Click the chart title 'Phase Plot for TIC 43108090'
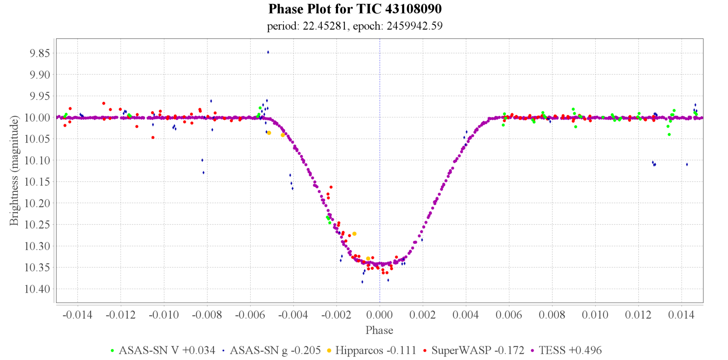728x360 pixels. (x=355, y=9)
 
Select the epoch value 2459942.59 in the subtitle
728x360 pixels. (x=414, y=26)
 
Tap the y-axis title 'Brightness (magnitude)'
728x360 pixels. (x=14, y=171)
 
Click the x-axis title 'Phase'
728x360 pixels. (x=379, y=330)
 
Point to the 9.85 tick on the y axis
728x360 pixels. (x=40, y=53)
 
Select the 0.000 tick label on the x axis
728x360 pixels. (x=379, y=315)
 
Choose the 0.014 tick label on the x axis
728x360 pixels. (x=682, y=315)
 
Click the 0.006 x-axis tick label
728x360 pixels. (x=509, y=315)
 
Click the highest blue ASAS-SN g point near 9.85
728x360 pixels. (x=268, y=52)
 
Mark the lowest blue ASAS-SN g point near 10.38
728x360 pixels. (x=362, y=282)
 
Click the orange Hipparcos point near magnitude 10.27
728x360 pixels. (x=354, y=234)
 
